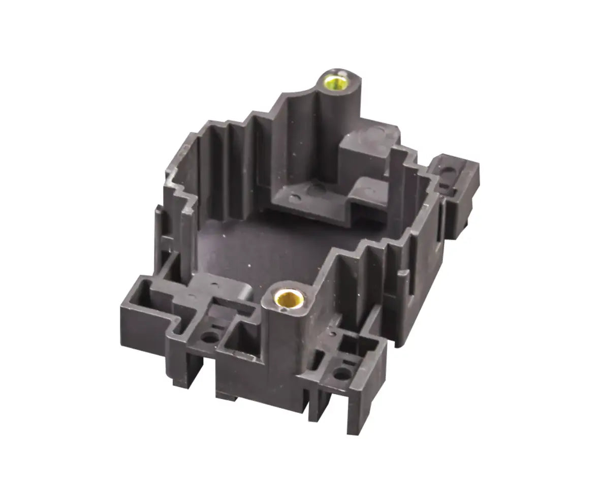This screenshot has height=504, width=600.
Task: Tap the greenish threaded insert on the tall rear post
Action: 336,81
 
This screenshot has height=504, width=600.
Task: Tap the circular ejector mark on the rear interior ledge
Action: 295,198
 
